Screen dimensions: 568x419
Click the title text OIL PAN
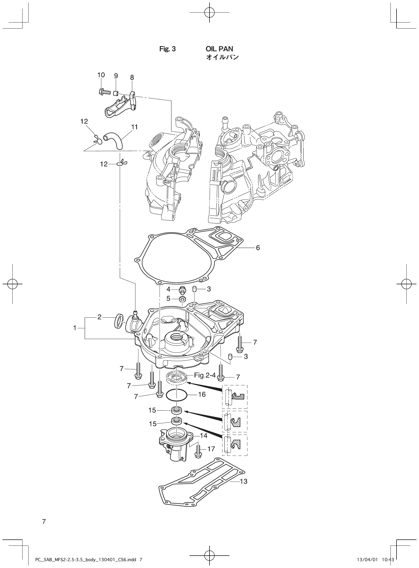[x=219, y=49]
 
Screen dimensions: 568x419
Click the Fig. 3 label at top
[x=167, y=49]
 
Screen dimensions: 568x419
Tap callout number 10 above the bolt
[x=101, y=75]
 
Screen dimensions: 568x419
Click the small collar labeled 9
[x=115, y=93]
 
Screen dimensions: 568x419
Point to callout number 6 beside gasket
[x=258, y=248]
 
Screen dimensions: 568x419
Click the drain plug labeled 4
[x=182, y=290]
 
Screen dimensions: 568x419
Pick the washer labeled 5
[x=182, y=299]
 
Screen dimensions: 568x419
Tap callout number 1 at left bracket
[x=75, y=328]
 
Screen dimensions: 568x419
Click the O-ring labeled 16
[x=177, y=395]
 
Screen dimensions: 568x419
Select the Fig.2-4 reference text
[x=205, y=375]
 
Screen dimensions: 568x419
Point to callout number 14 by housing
[x=204, y=436]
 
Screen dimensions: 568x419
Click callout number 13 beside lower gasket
[x=243, y=481]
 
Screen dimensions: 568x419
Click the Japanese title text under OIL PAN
[x=222, y=58]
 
